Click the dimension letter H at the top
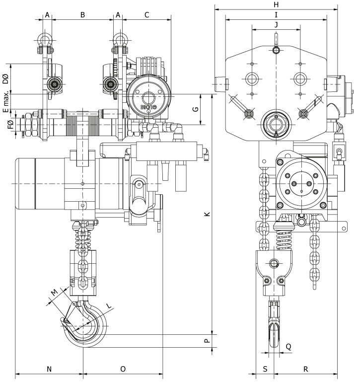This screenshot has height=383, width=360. [276, 4]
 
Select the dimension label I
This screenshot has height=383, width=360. [276, 14]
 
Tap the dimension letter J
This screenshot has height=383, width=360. [276, 24]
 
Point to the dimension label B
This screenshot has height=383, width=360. [82, 15]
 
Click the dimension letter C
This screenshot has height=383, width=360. [147, 15]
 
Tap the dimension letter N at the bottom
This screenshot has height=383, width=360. [49, 369]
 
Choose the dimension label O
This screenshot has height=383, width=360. [123, 369]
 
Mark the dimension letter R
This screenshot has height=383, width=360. [306, 369]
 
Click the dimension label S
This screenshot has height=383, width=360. [265, 369]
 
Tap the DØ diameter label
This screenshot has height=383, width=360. [5, 79]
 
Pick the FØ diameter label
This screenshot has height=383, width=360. [10, 126]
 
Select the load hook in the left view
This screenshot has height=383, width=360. [89, 325]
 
